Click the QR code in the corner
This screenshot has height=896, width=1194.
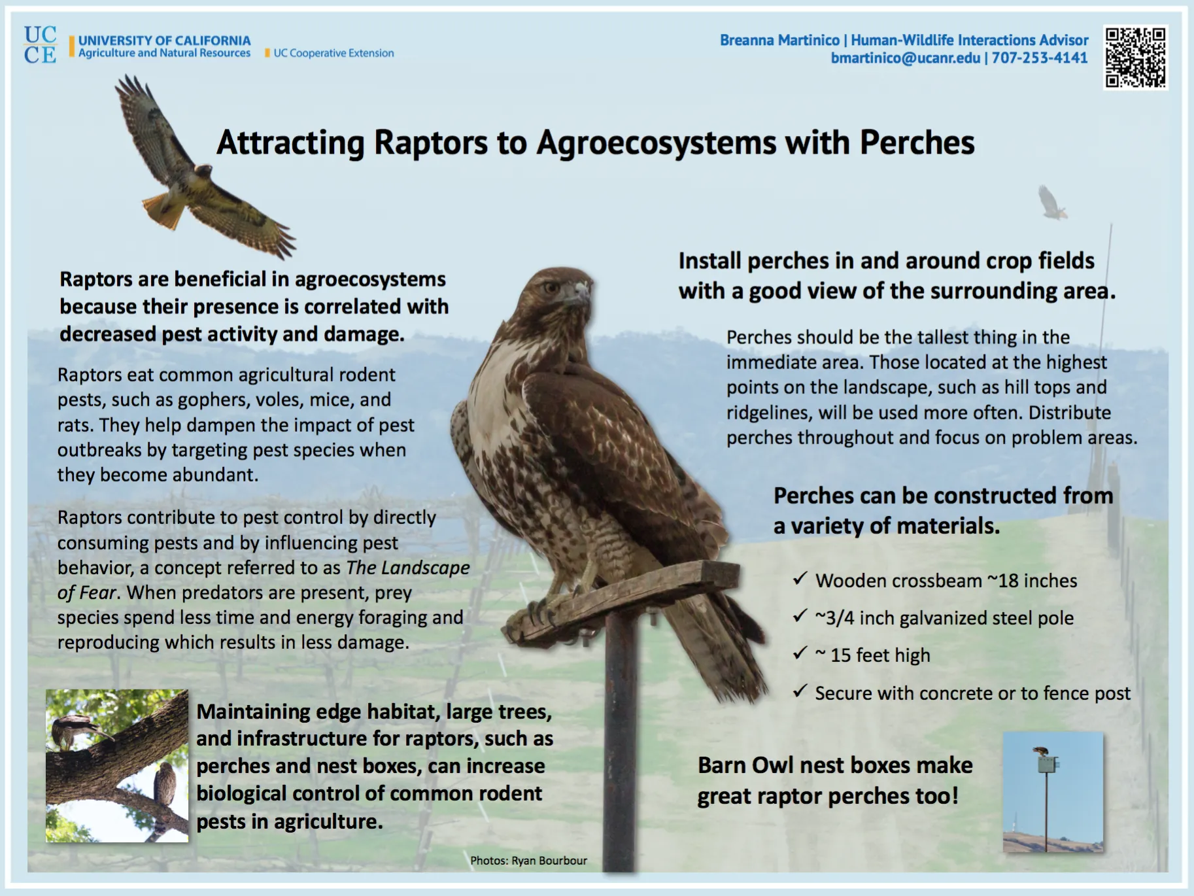(1135, 57)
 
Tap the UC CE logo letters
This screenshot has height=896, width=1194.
(40, 45)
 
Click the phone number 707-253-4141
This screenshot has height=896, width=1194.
(1040, 58)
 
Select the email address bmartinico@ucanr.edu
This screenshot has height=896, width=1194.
(906, 58)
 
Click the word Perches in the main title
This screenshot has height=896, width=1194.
(917, 143)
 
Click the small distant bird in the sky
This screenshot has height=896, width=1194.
(1052, 203)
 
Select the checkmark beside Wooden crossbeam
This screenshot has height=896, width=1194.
(800, 579)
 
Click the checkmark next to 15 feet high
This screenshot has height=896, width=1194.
(800, 653)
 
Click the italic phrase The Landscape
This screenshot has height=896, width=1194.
(407, 568)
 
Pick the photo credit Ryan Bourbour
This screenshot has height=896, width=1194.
(549, 861)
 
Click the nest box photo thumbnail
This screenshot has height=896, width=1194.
(1053, 792)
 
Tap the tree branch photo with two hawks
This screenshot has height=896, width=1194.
(117, 765)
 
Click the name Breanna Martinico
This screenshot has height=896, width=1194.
(779, 41)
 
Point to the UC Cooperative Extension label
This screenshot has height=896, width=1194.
(333, 54)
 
